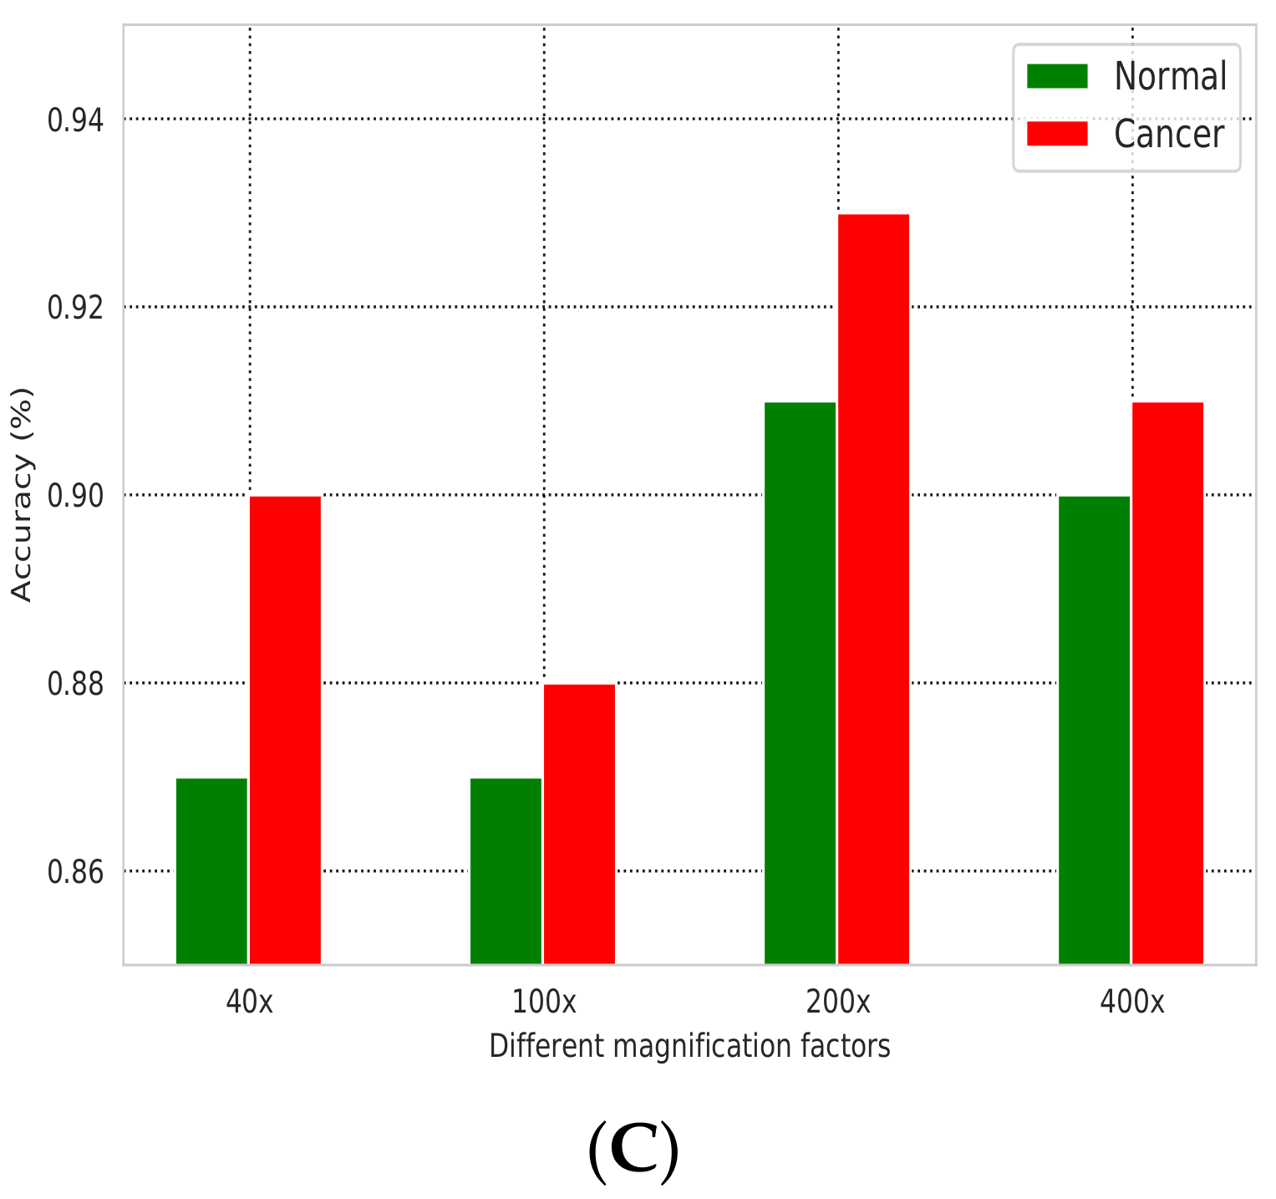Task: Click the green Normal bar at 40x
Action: [211, 870]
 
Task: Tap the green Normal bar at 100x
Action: [506, 870]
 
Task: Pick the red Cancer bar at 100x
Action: [579, 824]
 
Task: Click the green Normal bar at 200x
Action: [800, 682]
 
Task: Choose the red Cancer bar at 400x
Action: [1167, 682]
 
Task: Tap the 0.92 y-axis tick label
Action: [76, 308]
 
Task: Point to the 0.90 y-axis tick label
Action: [76, 496]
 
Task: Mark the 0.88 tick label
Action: [76, 684]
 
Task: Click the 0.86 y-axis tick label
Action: [76, 872]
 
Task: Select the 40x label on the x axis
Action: [249, 1001]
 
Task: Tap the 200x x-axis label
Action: [837, 1001]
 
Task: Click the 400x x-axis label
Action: [1131, 1001]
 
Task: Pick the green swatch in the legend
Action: [1057, 76]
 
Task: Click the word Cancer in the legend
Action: [1169, 135]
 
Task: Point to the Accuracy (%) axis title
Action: [23, 494]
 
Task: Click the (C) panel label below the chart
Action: [633, 1152]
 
